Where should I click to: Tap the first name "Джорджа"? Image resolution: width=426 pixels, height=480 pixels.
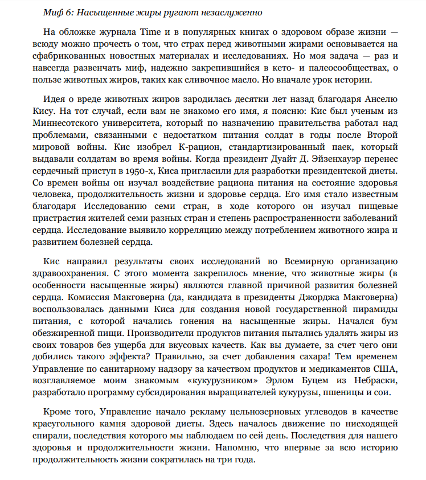pos(306,297)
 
